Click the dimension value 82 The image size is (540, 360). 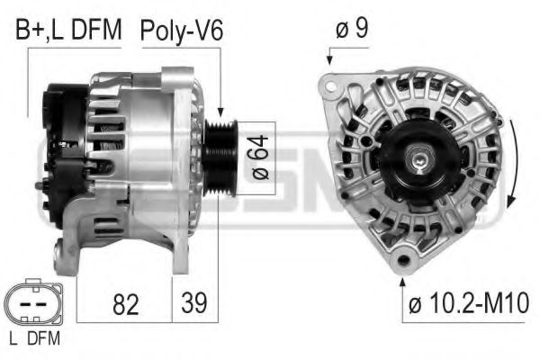(x=127, y=305)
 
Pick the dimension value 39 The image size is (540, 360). (x=193, y=305)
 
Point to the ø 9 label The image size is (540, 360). (x=351, y=29)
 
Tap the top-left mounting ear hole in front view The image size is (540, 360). (x=331, y=86)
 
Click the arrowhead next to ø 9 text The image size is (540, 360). (x=328, y=60)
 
